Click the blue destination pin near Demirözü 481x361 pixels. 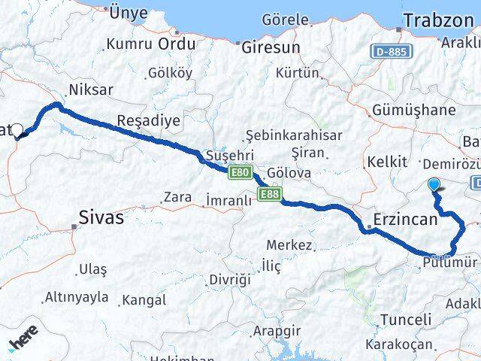point(434,184)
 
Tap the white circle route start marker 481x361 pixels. point(17,129)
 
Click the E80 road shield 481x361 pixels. point(240,173)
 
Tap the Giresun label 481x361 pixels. point(271,47)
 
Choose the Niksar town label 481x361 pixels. point(90,90)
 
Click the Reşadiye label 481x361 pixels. point(148,120)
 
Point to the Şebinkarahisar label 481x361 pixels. point(294,135)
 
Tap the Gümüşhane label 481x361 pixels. point(413,110)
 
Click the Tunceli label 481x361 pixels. point(407,320)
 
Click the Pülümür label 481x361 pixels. point(450,262)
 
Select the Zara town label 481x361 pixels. point(177,198)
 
